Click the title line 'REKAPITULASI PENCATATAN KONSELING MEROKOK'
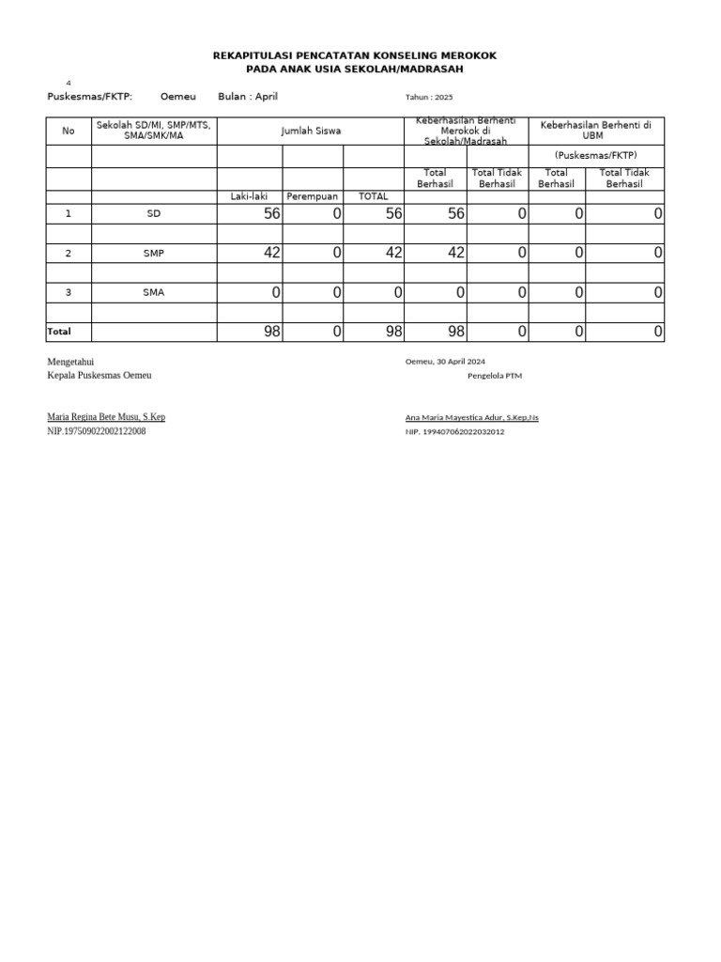point(355,56)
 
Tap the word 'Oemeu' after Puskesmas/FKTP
point(178,97)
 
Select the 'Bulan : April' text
point(248,97)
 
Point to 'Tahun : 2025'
point(428,98)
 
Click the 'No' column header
point(68,132)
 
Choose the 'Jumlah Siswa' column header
point(311,132)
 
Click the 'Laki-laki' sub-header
point(249,196)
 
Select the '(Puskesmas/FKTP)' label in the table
point(596,155)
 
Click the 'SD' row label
point(154,214)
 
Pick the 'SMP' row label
point(154,254)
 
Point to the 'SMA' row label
point(154,292)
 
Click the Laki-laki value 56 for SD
point(272,214)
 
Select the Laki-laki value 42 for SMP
point(272,253)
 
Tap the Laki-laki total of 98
point(272,332)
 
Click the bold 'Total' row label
point(58,332)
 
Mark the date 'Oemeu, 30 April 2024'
point(445,362)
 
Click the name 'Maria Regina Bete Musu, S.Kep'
point(106,417)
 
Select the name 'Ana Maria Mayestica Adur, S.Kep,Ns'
point(471,417)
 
